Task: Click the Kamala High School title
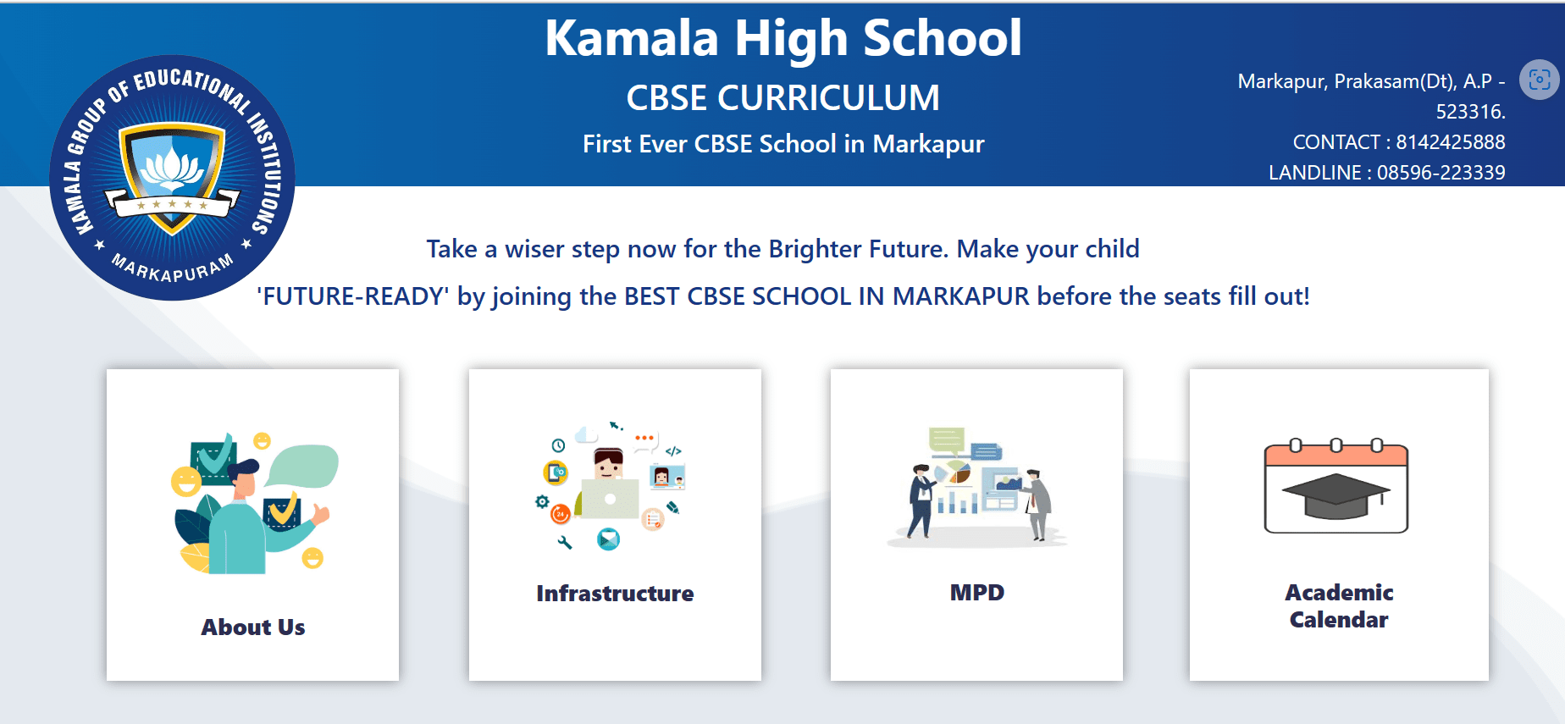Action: click(783, 39)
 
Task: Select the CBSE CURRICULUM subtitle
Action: click(783, 97)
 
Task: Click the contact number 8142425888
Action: click(1450, 142)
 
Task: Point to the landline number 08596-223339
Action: click(1441, 173)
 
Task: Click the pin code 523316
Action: click(1470, 112)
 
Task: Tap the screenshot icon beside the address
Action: click(1540, 80)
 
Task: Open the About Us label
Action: click(253, 627)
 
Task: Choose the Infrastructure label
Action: click(615, 594)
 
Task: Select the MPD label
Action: click(977, 593)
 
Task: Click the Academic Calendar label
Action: click(1339, 606)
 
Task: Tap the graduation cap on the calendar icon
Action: click(1336, 496)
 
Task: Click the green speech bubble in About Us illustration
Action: click(303, 465)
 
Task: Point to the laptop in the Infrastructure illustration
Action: click(610, 499)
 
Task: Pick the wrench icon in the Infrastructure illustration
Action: click(564, 542)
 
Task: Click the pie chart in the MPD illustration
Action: click(959, 473)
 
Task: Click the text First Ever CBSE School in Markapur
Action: click(783, 144)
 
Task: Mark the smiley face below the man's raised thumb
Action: click(312, 558)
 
